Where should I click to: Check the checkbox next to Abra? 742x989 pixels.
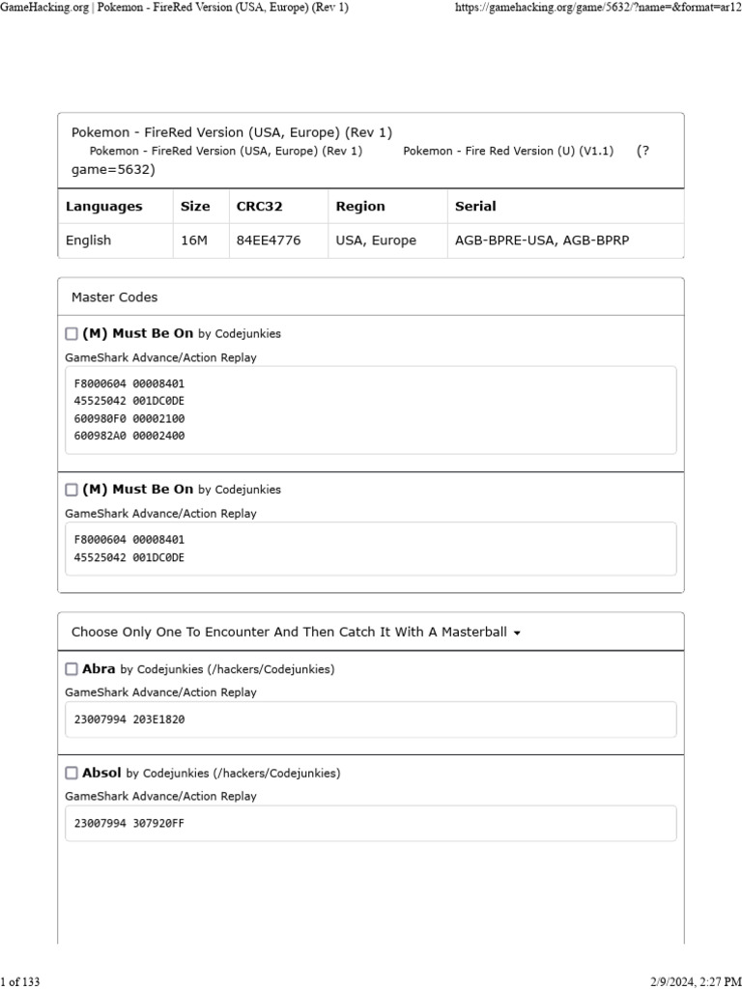[71, 668]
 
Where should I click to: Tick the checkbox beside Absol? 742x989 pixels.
[71, 773]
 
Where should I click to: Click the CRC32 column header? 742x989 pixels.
[259, 206]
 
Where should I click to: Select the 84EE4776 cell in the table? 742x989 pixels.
[268, 240]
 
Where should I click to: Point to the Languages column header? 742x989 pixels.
[103, 206]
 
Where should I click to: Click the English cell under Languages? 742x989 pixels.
[88, 240]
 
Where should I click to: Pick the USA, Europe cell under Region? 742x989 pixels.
[376, 240]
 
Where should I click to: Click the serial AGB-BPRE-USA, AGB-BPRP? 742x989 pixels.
[541, 240]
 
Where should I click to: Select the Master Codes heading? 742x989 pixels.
[114, 297]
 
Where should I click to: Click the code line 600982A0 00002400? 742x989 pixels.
[128, 436]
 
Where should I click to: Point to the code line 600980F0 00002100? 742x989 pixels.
[128, 418]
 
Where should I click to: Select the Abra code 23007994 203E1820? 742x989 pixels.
[128, 720]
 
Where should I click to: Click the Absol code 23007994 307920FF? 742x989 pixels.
[128, 824]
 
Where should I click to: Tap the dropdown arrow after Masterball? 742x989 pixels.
[517, 634]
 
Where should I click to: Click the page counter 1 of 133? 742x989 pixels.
[20, 982]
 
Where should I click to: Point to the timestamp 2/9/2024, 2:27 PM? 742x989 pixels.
[688, 982]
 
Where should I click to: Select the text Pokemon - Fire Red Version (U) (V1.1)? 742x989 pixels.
[508, 152]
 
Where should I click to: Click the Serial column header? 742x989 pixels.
[475, 206]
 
